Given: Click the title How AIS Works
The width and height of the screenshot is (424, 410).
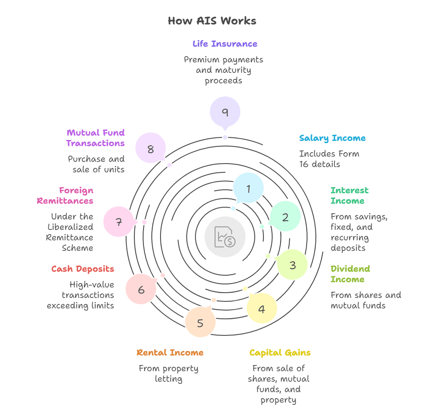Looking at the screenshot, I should pyautogui.click(x=212, y=21).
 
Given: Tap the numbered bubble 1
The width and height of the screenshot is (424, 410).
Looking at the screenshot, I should pyautogui.click(x=248, y=188).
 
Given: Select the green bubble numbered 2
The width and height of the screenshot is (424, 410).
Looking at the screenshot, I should pyautogui.click(x=285, y=217).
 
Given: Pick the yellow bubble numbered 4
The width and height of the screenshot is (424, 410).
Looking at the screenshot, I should pyautogui.click(x=262, y=309).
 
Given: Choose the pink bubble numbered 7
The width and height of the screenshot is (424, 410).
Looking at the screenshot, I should pyautogui.click(x=119, y=222).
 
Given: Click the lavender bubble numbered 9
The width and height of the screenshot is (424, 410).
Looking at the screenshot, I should pyautogui.click(x=225, y=112).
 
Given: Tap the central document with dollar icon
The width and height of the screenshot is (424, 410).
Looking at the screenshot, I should pyautogui.click(x=225, y=237).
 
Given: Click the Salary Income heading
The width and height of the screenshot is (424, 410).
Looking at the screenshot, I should pyautogui.click(x=332, y=138).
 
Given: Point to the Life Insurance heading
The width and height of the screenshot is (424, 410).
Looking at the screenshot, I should pyautogui.click(x=225, y=44).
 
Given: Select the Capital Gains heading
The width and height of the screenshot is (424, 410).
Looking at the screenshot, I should pyautogui.click(x=280, y=352).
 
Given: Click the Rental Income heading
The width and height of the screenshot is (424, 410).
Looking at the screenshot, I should pyautogui.click(x=170, y=352).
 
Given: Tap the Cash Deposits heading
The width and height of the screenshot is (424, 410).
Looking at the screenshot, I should pyautogui.click(x=82, y=269).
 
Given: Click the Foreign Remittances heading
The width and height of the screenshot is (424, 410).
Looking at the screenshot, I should pyautogui.click(x=65, y=195).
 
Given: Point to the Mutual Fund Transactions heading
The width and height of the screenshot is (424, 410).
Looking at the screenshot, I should pyautogui.click(x=96, y=138).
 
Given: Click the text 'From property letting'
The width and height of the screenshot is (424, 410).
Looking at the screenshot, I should pyautogui.click(x=168, y=373).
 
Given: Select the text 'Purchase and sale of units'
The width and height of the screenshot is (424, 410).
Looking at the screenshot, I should pyautogui.click(x=96, y=164).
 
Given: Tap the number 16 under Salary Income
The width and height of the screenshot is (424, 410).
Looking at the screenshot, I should pyautogui.click(x=304, y=164).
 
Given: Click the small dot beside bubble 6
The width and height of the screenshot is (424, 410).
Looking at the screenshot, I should pyautogui.click(x=163, y=275).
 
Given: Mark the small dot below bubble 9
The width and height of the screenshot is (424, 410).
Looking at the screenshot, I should pyautogui.click(x=225, y=137).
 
